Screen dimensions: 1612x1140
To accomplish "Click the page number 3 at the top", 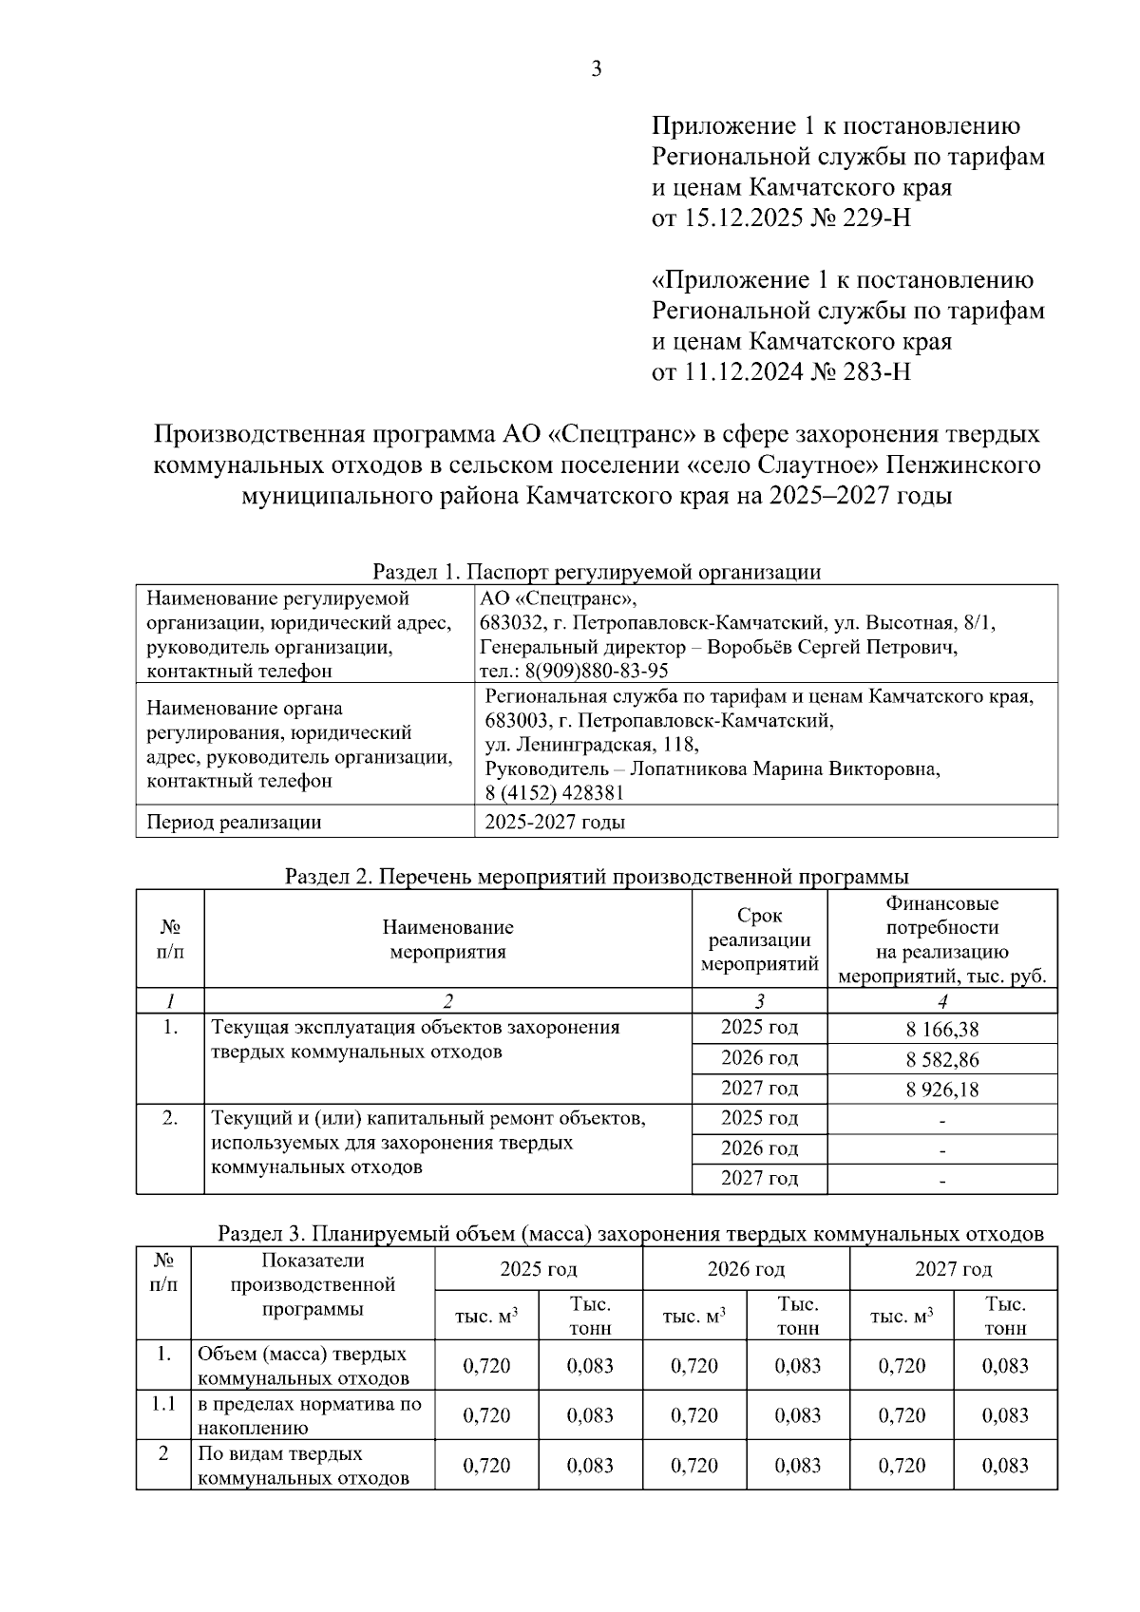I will pyautogui.click(x=596, y=68).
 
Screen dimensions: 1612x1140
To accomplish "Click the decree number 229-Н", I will pyautogui.click(x=863, y=218).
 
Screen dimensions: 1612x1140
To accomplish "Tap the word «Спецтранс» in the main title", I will pyautogui.click(x=622, y=434).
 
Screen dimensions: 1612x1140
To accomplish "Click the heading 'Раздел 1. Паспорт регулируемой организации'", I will pyautogui.click(x=596, y=572).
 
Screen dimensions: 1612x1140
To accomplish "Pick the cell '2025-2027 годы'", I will pyautogui.click(x=555, y=823).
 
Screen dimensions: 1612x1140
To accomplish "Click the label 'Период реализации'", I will pyautogui.click(x=234, y=823).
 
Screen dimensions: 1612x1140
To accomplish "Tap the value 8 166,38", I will pyautogui.click(x=941, y=1029).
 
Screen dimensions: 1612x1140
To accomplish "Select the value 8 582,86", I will pyautogui.click(x=941, y=1059).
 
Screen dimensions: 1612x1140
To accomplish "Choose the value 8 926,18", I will pyautogui.click(x=941, y=1089).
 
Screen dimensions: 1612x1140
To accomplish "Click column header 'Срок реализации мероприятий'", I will pyautogui.click(x=759, y=939).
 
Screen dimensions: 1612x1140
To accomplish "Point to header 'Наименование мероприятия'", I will pyautogui.click(x=447, y=939).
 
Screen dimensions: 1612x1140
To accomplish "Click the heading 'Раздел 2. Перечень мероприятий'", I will pyautogui.click(x=596, y=876).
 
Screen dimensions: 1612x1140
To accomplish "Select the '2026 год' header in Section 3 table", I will pyautogui.click(x=745, y=1269).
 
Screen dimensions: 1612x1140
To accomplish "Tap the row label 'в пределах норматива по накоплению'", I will pyautogui.click(x=310, y=1415).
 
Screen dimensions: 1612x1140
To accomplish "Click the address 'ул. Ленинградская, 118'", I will pyautogui.click(x=591, y=744).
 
